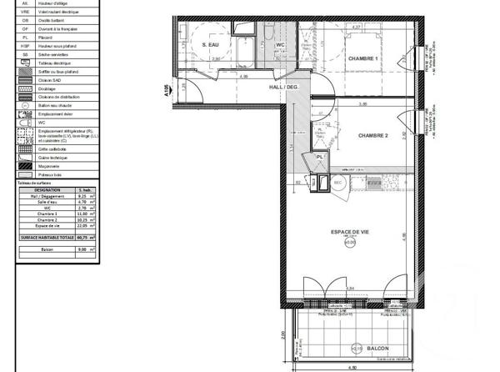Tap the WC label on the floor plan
[281, 44]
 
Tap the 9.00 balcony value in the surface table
[82, 249]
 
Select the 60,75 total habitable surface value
[82, 237]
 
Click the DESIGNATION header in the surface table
[47, 189]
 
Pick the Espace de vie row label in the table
[47, 224]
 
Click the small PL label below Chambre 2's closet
[318, 157]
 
